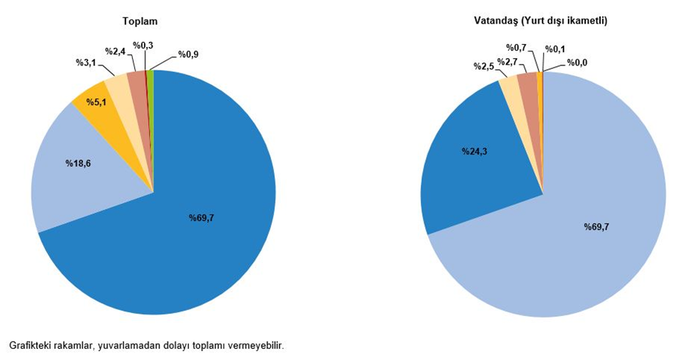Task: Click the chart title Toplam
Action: point(139,22)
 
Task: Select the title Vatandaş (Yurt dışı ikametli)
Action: point(541,22)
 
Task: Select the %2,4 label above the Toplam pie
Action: point(116,51)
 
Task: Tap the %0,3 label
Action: point(142,46)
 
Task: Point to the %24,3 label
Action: point(475,151)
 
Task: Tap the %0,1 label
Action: point(555,49)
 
